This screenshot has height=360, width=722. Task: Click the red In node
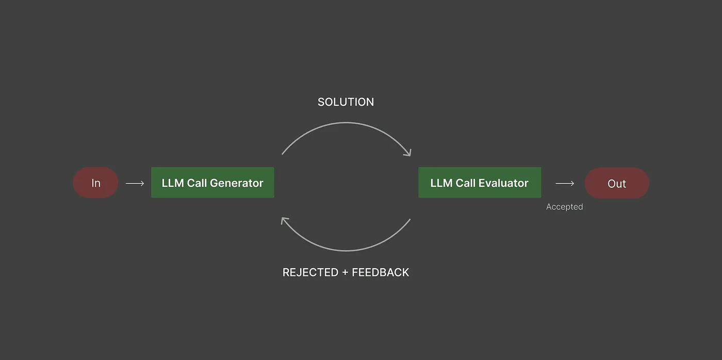coord(95,183)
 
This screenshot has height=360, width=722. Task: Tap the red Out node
coord(617,183)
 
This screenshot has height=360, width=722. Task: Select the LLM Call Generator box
coord(212,183)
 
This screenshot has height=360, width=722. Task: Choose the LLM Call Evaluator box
coord(480,183)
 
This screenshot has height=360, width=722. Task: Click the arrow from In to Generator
coord(135,184)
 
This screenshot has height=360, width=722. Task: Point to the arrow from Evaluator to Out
coord(565,184)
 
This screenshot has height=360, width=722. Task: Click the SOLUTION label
coord(346,102)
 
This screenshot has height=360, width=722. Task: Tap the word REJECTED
coord(310,272)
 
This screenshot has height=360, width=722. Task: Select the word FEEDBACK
coord(381,272)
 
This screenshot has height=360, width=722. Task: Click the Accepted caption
coord(564,207)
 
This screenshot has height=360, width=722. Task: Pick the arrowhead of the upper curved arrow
coord(408,153)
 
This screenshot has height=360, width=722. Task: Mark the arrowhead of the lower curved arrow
coord(284,221)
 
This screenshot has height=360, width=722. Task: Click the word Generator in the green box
coord(236,183)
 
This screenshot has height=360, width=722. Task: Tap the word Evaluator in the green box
coord(503,183)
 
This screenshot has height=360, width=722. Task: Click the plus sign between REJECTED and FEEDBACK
coord(345,273)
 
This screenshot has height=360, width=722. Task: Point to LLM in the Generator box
coord(173,183)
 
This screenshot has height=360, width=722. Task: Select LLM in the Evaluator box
coord(441,183)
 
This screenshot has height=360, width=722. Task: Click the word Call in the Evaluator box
coord(465,183)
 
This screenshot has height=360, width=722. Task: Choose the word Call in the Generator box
coord(196,183)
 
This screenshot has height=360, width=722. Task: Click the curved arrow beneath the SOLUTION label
coord(346,122)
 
